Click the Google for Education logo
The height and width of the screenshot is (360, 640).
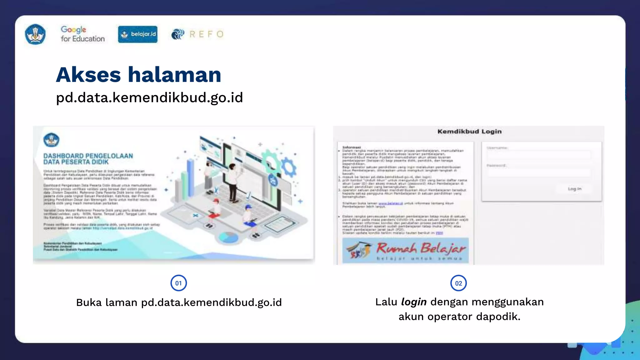[82, 34]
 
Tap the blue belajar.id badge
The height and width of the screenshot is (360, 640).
[138, 34]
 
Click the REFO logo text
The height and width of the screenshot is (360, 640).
[206, 34]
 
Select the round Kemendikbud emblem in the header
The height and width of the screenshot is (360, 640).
[35, 34]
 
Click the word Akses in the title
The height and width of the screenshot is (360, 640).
[88, 75]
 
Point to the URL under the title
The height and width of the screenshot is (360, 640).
[149, 97]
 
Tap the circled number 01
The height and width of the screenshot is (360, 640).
[178, 283]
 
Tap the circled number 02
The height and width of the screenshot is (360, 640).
[458, 283]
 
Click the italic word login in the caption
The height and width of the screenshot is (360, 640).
[414, 302]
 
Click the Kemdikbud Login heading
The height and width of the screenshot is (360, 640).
[469, 132]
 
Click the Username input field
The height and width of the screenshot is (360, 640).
[539, 155]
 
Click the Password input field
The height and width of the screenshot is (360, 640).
[539, 172]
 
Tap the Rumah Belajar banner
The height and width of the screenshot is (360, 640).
[405, 250]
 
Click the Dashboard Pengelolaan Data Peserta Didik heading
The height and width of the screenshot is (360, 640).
[88, 159]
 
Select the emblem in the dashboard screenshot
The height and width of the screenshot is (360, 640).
[51, 140]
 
